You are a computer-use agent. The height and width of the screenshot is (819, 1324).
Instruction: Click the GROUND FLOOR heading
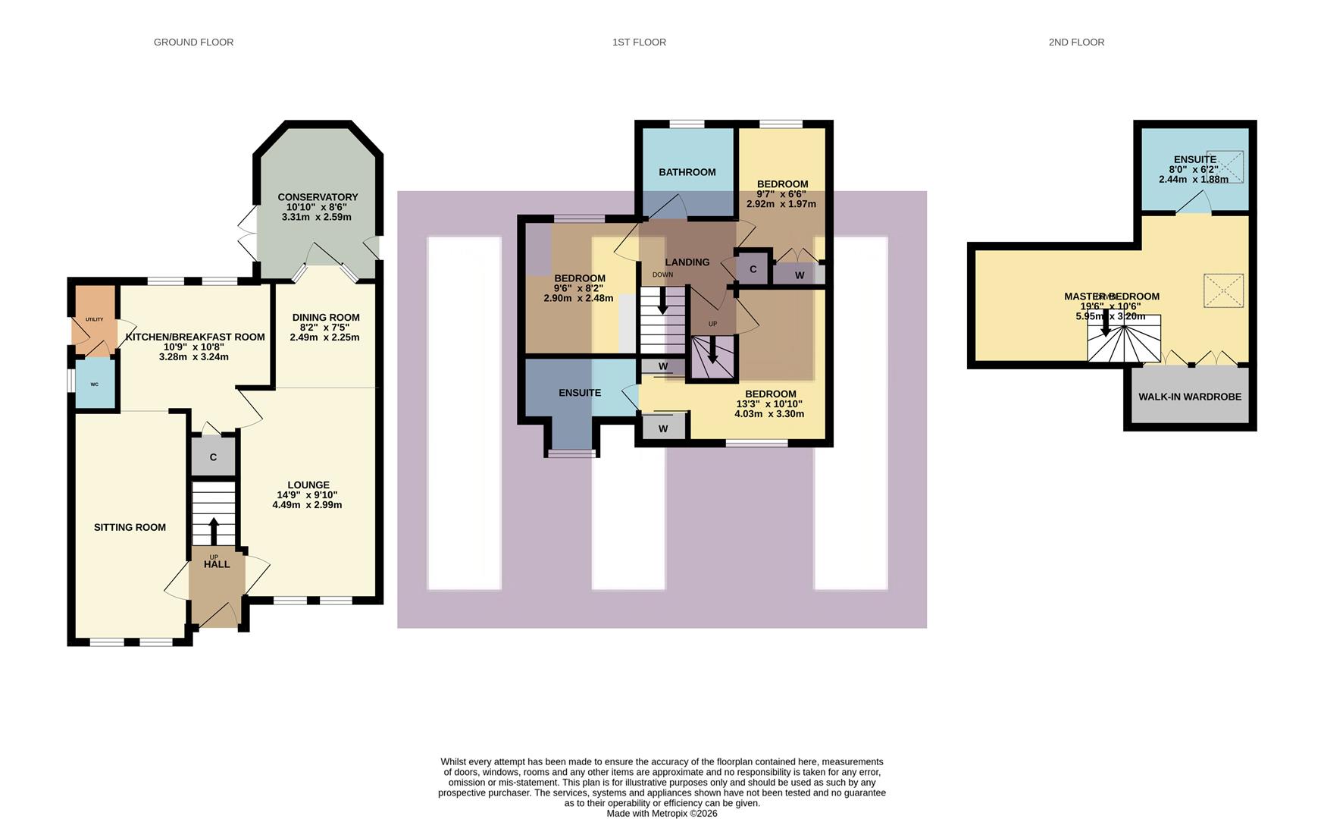[193, 42]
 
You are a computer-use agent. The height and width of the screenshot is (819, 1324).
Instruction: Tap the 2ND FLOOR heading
[1075, 42]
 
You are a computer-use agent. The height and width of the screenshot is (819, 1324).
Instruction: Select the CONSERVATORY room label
[318, 197]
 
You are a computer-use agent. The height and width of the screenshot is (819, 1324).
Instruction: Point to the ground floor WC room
[95, 384]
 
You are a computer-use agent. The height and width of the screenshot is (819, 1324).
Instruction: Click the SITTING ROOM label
[130, 527]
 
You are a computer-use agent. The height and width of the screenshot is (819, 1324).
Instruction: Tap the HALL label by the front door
[217, 564]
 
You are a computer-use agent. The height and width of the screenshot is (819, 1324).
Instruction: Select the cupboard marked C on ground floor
[213, 457]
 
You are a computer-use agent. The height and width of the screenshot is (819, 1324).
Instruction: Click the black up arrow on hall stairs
[213, 529]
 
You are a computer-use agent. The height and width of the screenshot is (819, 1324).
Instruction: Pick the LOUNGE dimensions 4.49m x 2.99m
[307, 505]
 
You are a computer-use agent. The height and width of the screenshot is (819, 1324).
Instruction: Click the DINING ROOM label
[326, 318]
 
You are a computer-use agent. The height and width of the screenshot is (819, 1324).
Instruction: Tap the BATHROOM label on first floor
[687, 172]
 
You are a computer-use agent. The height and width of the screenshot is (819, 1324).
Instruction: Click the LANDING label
[687, 262]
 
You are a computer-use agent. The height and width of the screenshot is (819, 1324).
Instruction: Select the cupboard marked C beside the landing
[753, 269]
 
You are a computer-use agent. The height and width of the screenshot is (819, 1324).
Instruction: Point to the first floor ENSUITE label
[580, 393]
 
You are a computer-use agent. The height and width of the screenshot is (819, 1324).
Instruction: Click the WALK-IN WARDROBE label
[1189, 397]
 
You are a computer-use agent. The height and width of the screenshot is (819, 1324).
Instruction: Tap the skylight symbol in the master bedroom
[1223, 290]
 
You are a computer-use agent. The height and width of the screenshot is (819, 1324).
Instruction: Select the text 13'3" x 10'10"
[769, 404]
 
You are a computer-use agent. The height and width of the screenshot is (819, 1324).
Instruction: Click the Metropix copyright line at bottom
[662, 814]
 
